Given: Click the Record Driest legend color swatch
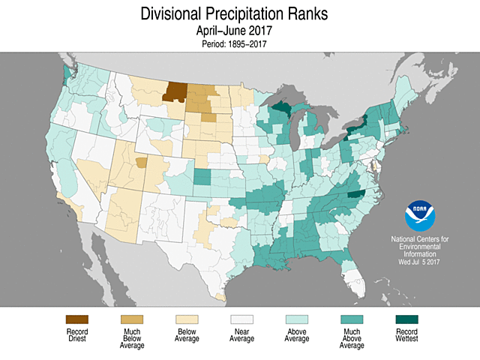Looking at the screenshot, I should point(77,319).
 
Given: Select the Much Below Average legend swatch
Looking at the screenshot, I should point(132,319).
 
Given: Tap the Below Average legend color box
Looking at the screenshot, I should point(187,319).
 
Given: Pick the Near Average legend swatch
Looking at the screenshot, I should point(241,319).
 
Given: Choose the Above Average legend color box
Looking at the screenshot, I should point(296,319).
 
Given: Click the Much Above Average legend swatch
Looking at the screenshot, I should point(351,319).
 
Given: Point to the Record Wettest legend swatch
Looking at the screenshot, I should point(406,319).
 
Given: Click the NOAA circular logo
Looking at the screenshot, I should point(420,216).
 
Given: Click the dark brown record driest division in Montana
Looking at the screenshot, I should point(175,91).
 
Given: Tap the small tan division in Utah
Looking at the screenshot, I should point(141,161).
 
